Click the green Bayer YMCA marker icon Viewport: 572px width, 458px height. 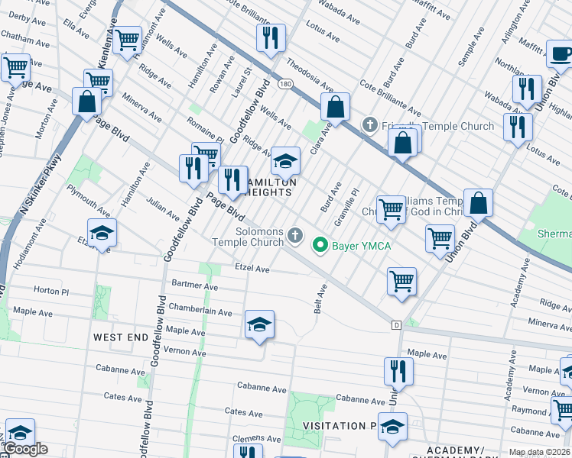point(320,245)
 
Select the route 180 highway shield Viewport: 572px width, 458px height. point(284,83)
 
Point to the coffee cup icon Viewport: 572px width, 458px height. point(561,54)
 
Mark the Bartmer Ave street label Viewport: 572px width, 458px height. point(195,286)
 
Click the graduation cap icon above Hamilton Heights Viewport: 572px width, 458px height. point(286,161)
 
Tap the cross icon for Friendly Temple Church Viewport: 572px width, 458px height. point(369,124)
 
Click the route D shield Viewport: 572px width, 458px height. point(396,324)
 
